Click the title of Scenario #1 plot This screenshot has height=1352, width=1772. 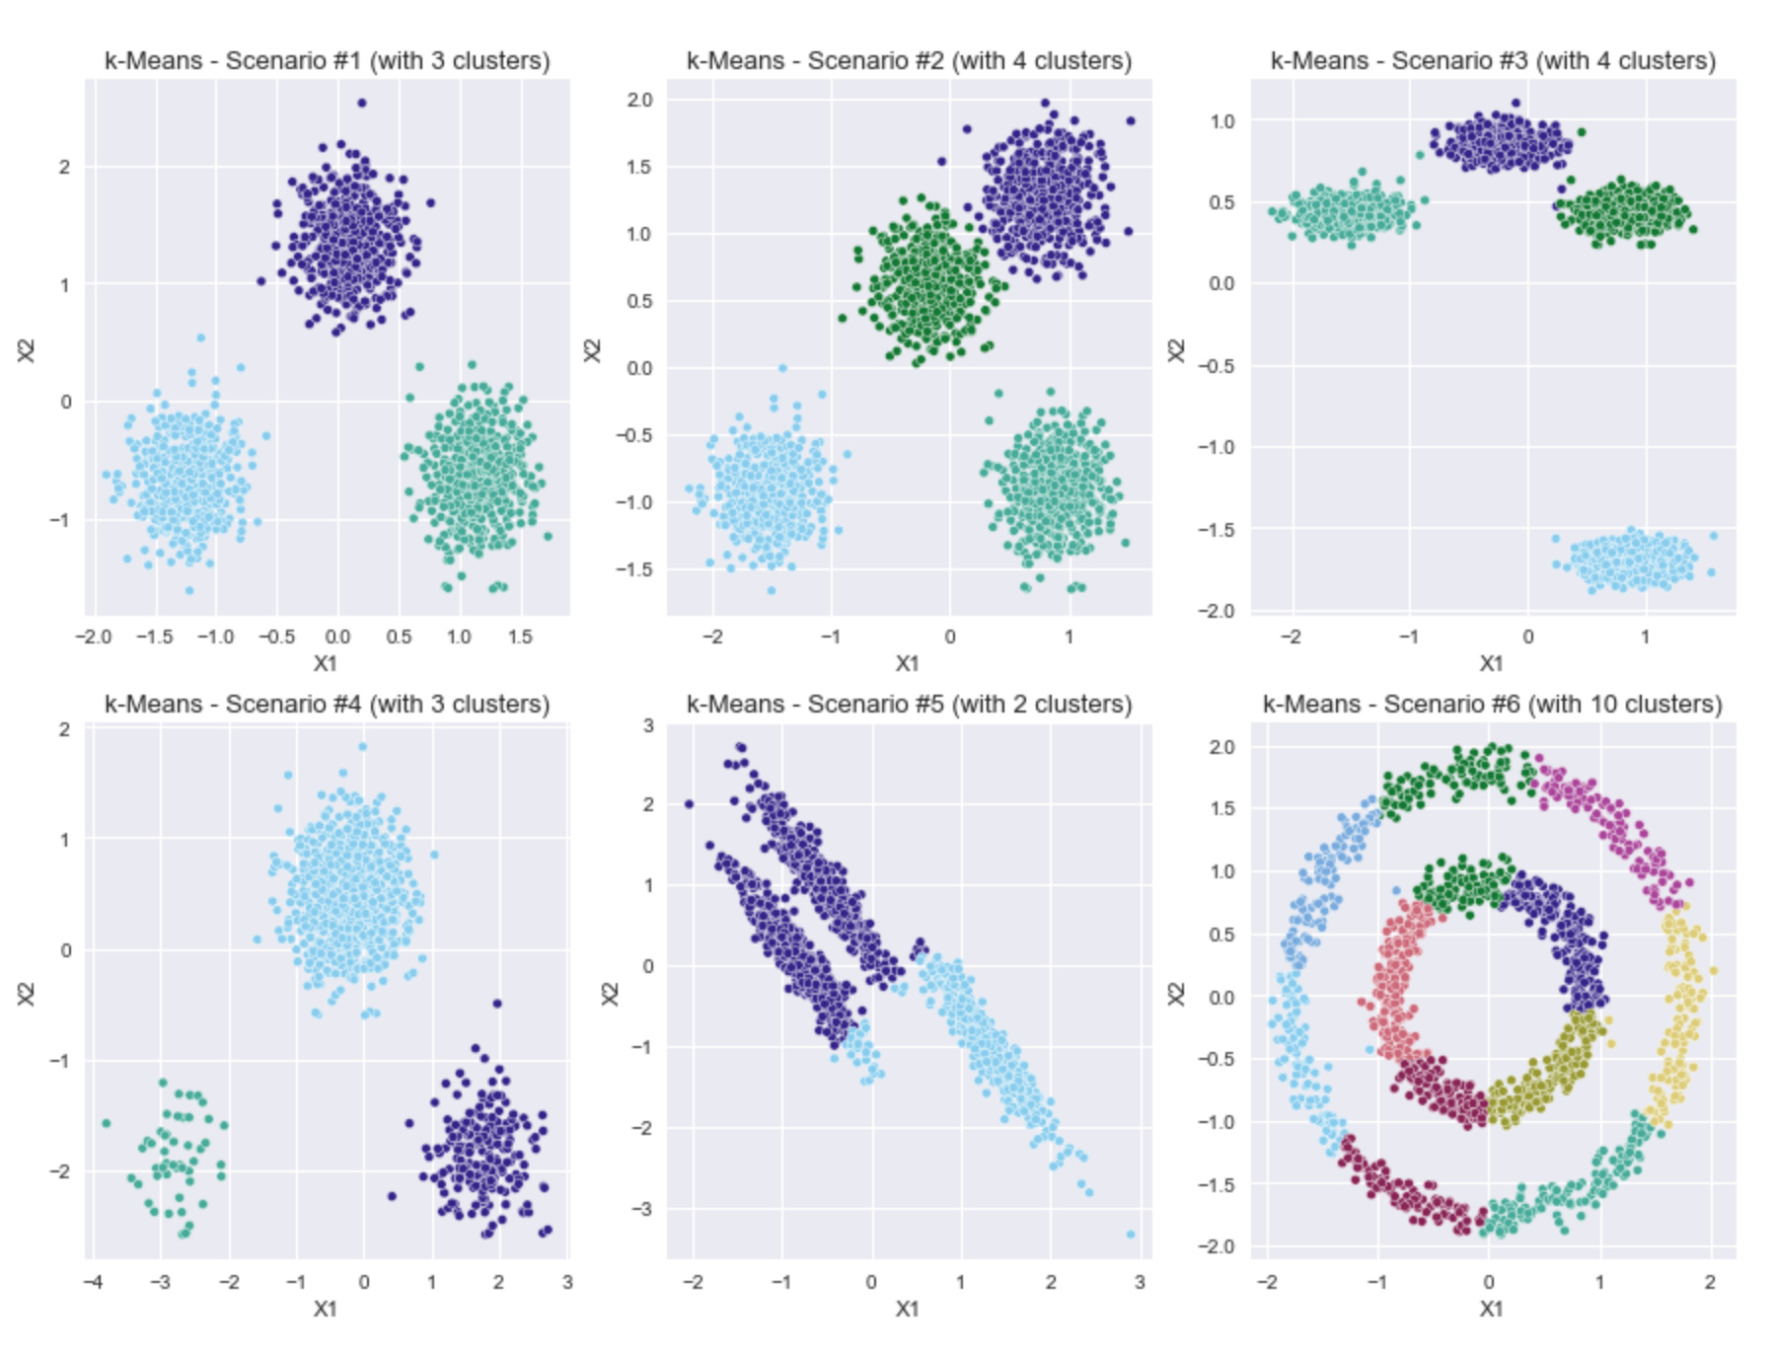point(327,61)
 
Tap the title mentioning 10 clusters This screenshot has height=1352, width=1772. point(1492,705)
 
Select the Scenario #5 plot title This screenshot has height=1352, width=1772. point(909,705)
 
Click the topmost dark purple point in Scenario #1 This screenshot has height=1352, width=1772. point(361,103)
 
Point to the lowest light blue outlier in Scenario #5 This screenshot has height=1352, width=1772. point(1131,1235)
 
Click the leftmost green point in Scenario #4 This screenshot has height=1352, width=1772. point(107,1123)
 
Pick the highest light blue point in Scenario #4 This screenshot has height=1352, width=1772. point(362,747)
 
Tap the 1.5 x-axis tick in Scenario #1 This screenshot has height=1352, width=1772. point(520,638)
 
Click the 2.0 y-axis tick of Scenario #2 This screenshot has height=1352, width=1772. point(639,100)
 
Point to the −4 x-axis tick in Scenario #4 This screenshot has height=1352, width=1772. point(93,1283)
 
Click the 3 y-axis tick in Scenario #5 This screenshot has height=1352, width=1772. point(648,725)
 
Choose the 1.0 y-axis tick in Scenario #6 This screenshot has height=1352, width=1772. point(1221,871)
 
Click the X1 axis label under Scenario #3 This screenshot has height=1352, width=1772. point(1491,663)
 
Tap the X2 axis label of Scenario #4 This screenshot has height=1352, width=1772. point(27,994)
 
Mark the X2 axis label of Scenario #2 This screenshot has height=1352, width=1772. point(592,350)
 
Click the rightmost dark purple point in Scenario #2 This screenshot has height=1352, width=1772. point(1131,121)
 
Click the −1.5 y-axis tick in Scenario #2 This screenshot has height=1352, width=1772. point(633,569)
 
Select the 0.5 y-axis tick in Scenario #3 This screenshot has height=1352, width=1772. point(1221,202)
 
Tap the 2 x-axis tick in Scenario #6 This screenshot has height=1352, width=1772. point(1710,1283)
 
